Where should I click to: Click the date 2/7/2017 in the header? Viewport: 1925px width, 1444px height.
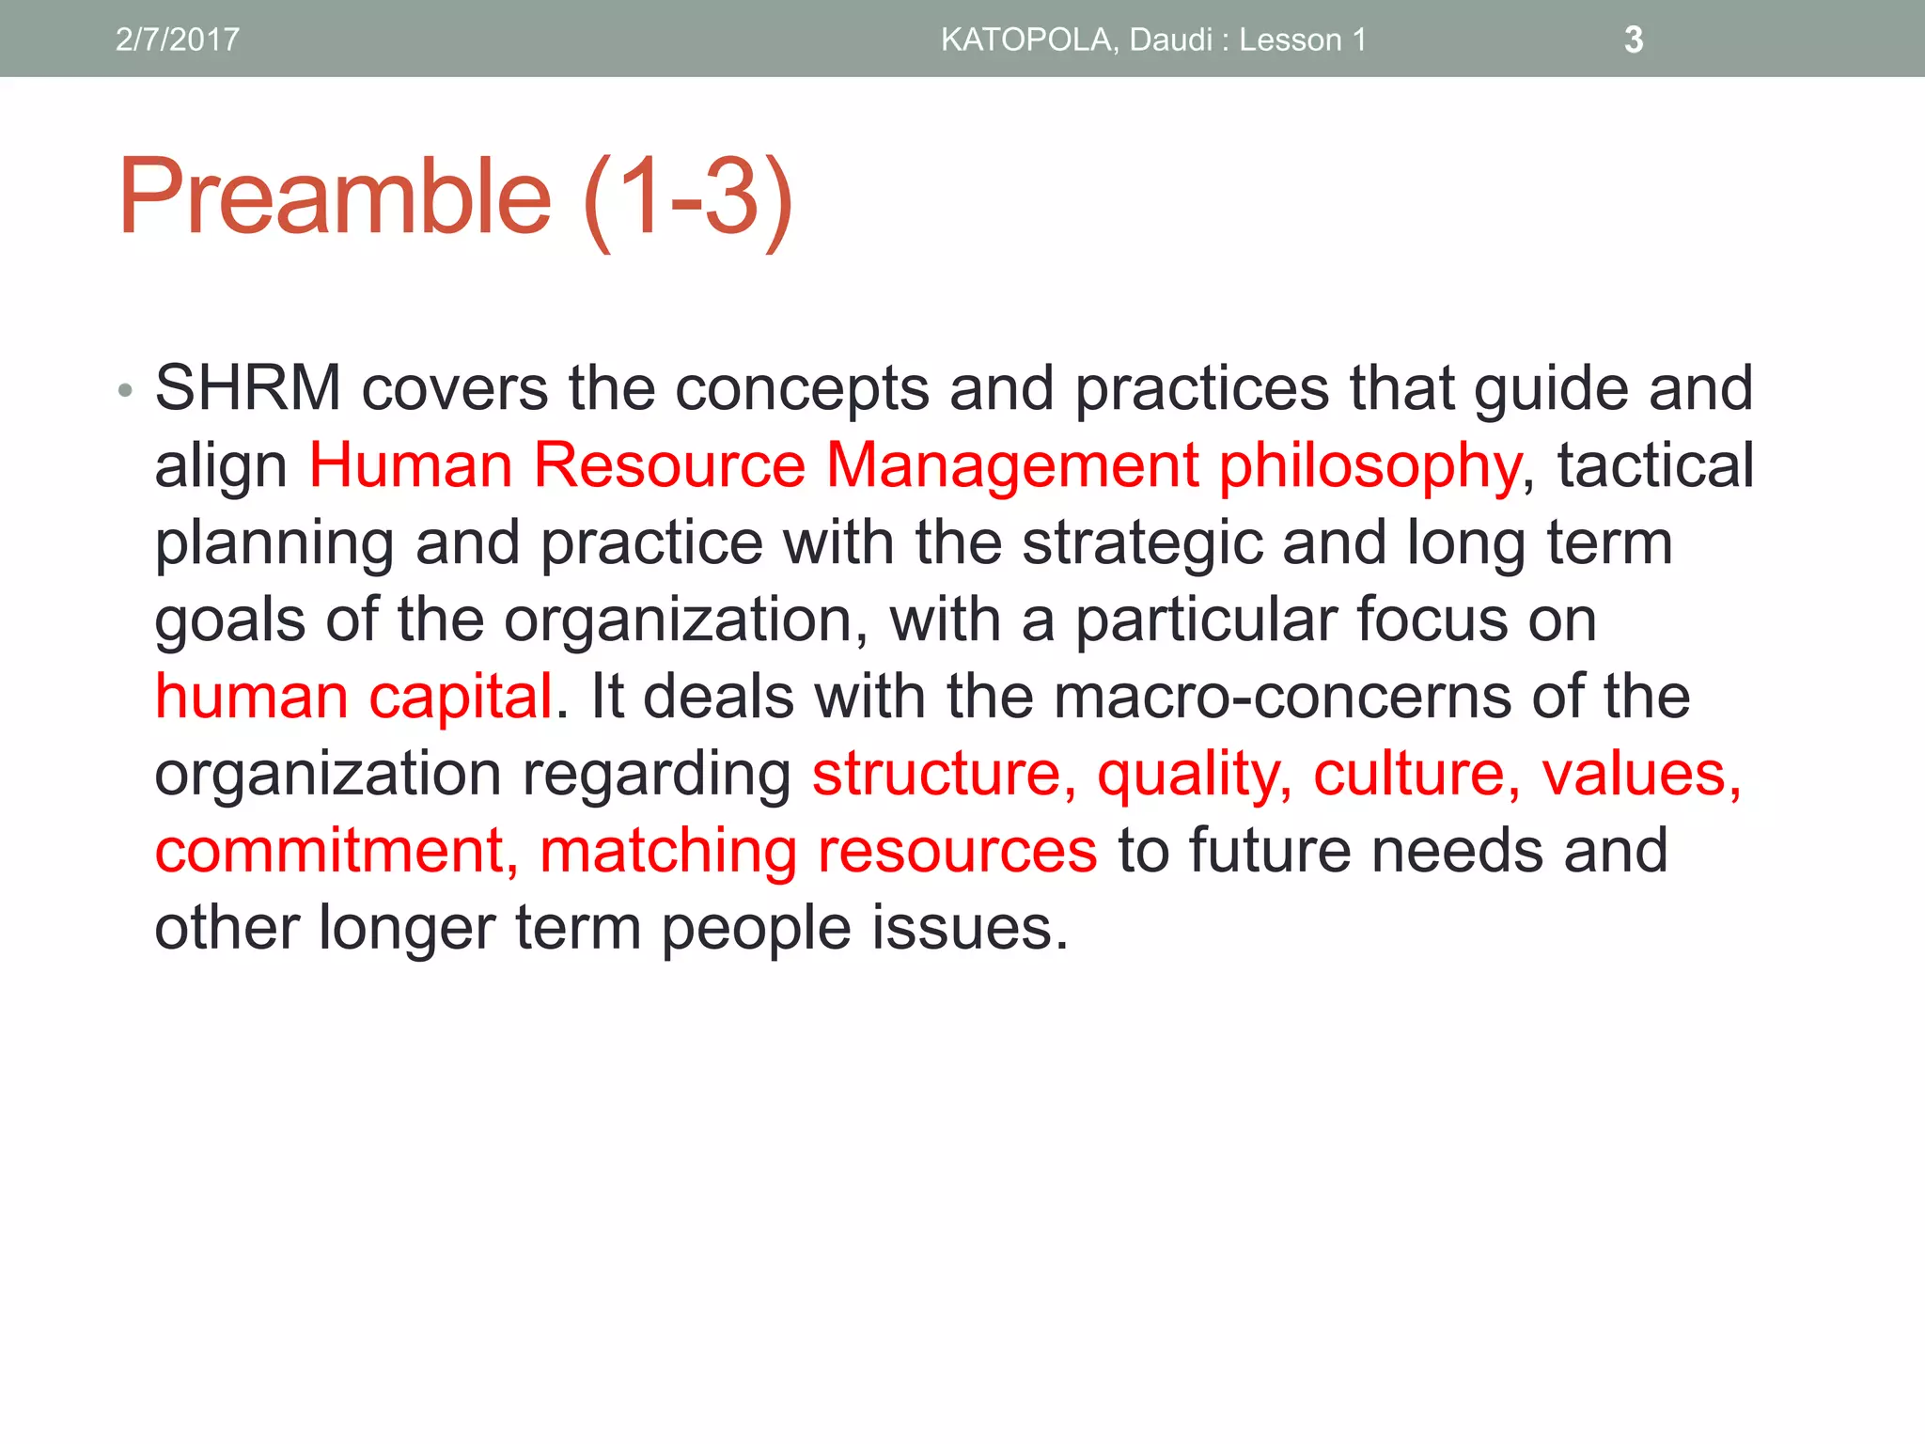pos(177,39)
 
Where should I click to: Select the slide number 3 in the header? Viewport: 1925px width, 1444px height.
pos(1634,39)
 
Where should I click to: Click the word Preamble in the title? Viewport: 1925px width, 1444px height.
pos(335,197)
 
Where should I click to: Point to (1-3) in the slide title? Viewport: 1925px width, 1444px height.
pos(688,199)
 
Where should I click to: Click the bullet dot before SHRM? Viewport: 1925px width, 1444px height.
pos(126,390)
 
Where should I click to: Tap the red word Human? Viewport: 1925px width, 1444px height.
pos(410,465)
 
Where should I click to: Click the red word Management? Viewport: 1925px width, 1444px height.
pos(1011,467)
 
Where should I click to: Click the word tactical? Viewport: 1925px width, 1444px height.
pos(1655,465)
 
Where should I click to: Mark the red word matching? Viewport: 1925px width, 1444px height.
pos(668,853)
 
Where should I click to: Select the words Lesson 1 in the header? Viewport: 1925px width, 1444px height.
pos(1302,39)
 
